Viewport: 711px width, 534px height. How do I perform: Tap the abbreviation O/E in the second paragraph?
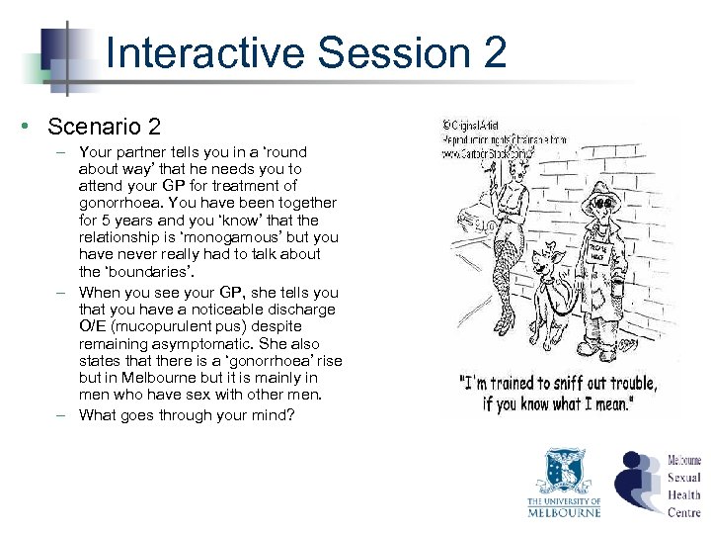[95, 326]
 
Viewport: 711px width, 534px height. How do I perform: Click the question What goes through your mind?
[187, 415]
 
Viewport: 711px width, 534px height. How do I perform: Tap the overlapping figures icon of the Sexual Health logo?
[638, 481]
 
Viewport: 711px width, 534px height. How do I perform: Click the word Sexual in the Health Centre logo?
[684, 478]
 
